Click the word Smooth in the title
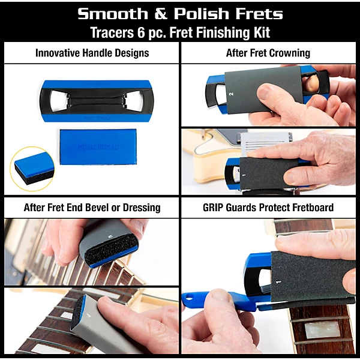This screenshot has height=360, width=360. coord(110,13)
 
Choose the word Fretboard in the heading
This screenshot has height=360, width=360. coord(313,208)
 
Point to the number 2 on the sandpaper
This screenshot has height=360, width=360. coord(230,94)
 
